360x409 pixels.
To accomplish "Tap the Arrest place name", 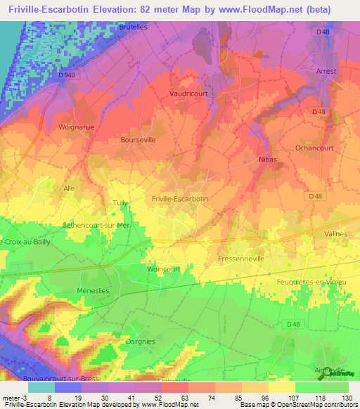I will pyautogui.click(x=327, y=72).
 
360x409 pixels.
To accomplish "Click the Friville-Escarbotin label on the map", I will pyautogui.click(x=180, y=200).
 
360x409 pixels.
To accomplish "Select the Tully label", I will pyautogui.click(x=120, y=203).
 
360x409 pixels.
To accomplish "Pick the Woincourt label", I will pyautogui.click(x=164, y=269).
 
